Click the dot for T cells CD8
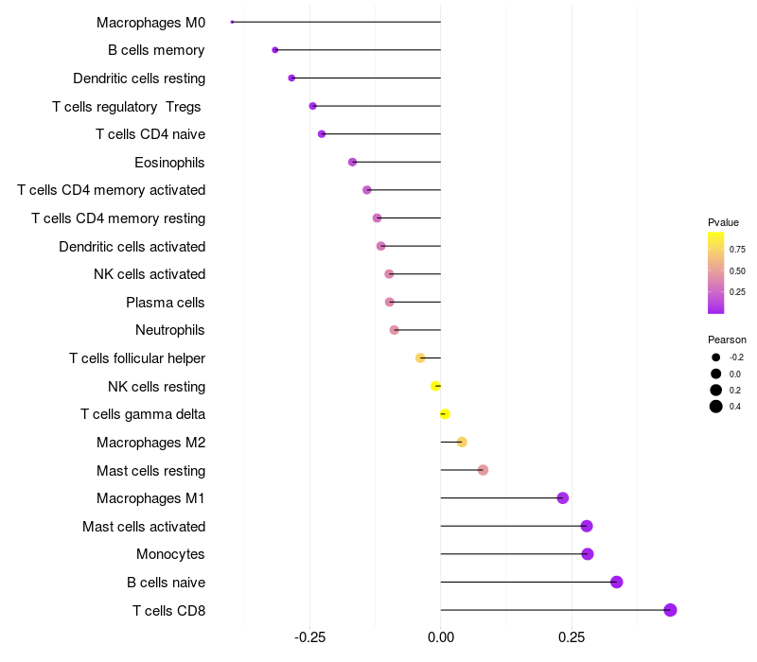pos(670,610)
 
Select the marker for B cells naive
pos(617,582)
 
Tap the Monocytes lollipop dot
pos(588,554)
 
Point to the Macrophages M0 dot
pos(232,22)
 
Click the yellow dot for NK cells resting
pos(435,386)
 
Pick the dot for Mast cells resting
pos(483,470)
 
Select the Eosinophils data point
pos(353,162)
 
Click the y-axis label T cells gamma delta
pos(143,414)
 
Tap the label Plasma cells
pos(166,303)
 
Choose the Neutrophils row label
pos(170,330)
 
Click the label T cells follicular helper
pos(137,358)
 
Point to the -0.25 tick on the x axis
pos(310,638)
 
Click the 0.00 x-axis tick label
pos(441,638)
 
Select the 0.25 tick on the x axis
pos(572,638)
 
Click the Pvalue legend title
pos(723,222)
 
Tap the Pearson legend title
pos(727,340)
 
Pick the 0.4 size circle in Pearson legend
pos(716,407)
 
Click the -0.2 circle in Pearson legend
pos(716,357)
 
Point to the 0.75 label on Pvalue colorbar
pos(737,250)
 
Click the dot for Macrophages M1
pos(563,498)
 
